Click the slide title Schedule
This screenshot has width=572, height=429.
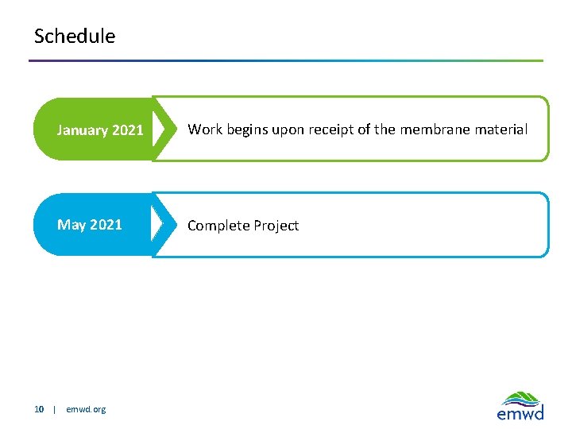coord(75,37)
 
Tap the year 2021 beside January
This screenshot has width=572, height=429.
coord(128,130)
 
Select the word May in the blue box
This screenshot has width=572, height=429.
coord(71,225)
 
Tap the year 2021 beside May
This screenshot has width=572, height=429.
coord(106,225)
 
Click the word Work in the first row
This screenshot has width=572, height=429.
coord(205,129)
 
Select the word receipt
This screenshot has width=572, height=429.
coord(328,130)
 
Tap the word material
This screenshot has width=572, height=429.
coord(500,129)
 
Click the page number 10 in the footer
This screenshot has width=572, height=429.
coord(39,410)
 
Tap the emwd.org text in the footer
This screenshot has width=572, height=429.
coord(86,410)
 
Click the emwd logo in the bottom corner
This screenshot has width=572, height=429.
coord(520,405)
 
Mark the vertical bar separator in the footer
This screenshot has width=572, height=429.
coord(54,410)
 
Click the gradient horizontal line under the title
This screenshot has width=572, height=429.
coord(286,60)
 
